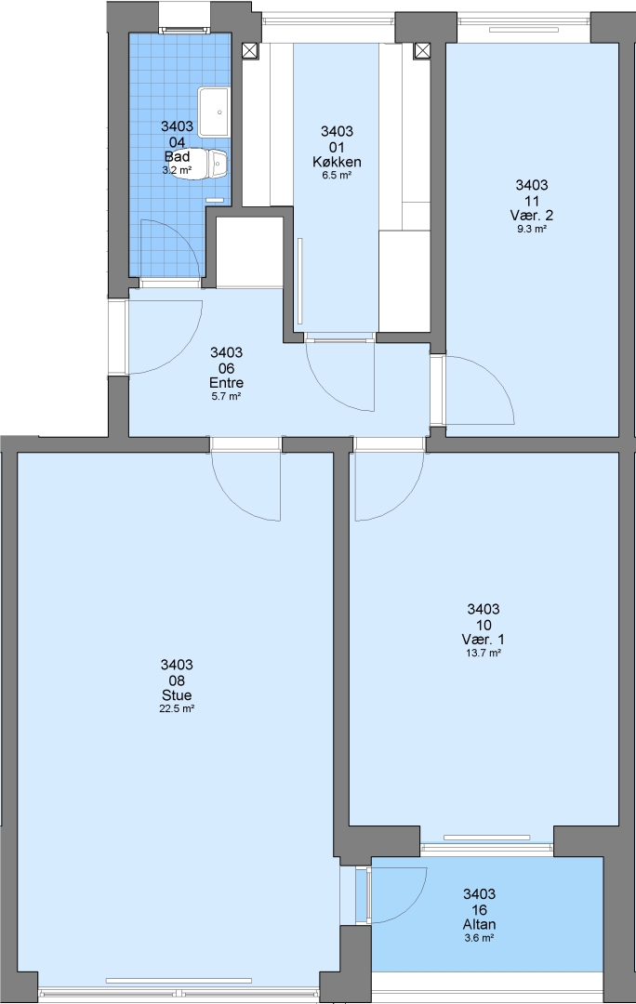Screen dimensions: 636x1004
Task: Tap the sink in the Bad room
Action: pyautogui.click(x=214, y=112)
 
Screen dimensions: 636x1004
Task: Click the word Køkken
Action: pyautogui.click(x=337, y=162)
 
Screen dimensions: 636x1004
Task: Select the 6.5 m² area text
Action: pyautogui.click(x=337, y=175)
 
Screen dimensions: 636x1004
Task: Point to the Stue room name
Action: pyautogui.click(x=177, y=695)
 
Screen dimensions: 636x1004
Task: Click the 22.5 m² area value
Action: pyautogui.click(x=177, y=708)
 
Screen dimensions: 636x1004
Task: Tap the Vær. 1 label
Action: pyautogui.click(x=483, y=640)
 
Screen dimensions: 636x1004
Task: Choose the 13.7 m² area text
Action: pyautogui.click(x=483, y=654)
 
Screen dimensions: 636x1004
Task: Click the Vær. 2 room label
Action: pyautogui.click(x=532, y=215)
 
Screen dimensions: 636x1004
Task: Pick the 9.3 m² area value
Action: pyautogui.click(x=532, y=229)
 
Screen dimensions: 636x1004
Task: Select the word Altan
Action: pyautogui.click(x=480, y=925)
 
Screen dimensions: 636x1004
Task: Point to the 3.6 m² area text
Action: pyautogui.click(x=480, y=938)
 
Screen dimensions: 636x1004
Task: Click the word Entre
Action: pyautogui.click(x=226, y=383)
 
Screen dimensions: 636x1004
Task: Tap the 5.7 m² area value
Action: pyautogui.click(x=226, y=396)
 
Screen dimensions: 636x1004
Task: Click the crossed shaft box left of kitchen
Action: pyautogui.click(x=250, y=50)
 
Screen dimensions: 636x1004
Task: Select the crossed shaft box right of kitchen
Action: pyautogui.click(x=422, y=50)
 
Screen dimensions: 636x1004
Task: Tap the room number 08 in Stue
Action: pyautogui.click(x=177, y=680)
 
